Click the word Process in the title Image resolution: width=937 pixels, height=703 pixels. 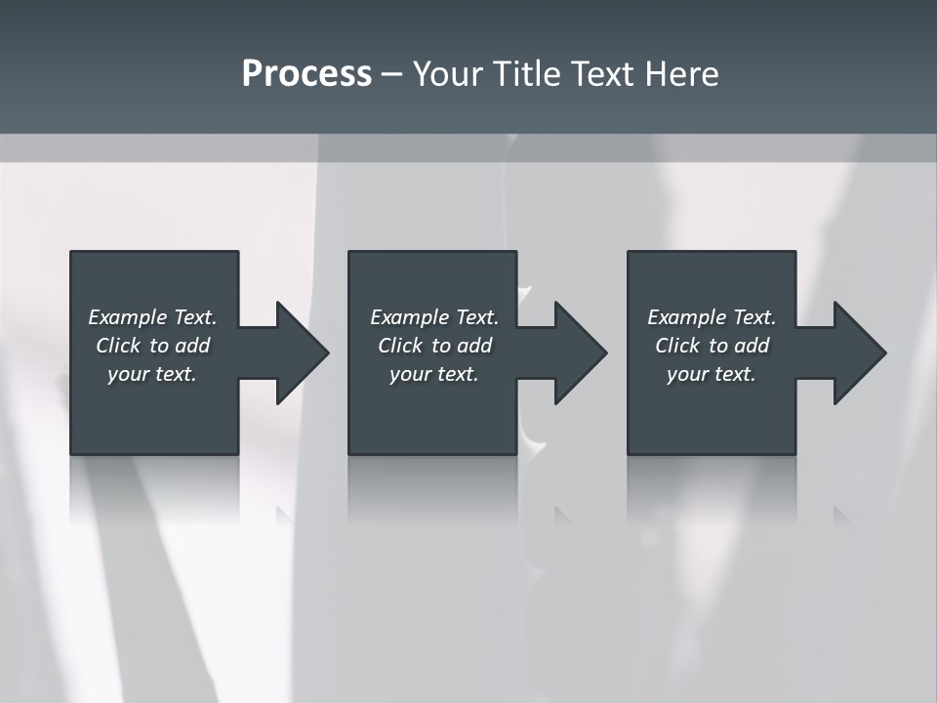click(306, 74)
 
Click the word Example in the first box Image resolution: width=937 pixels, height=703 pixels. click(127, 317)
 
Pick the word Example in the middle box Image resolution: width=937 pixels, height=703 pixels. click(409, 317)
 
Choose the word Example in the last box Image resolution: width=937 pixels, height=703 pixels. click(686, 317)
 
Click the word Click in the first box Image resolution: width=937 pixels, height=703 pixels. click(117, 346)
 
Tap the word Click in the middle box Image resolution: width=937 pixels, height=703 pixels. click(399, 346)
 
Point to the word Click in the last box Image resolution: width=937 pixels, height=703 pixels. click(676, 346)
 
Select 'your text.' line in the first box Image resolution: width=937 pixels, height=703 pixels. click(152, 374)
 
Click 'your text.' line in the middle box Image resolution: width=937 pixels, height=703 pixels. click(433, 374)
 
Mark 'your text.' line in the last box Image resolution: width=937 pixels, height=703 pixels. click(712, 374)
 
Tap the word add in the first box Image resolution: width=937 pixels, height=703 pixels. click(192, 346)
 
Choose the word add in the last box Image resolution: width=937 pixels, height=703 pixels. click(752, 346)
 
